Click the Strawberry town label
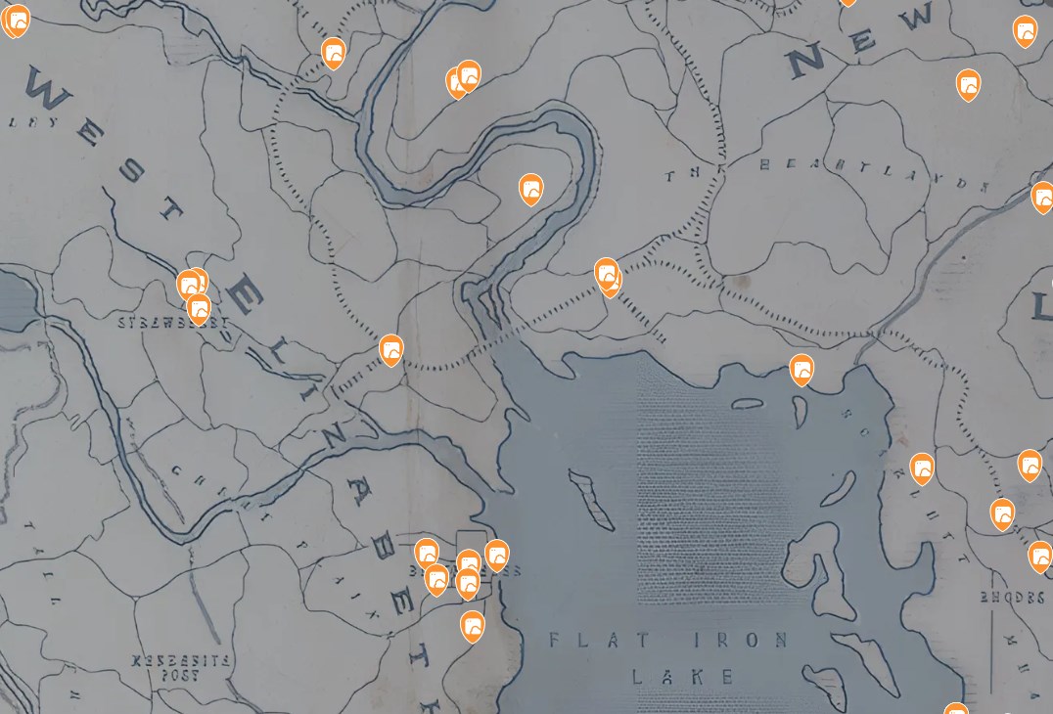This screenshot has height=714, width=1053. point(173,323)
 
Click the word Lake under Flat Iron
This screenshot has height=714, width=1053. point(682,676)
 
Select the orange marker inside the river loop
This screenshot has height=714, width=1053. point(530,188)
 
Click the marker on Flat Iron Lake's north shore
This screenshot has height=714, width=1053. point(801,370)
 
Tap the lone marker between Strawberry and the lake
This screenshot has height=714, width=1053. point(391,349)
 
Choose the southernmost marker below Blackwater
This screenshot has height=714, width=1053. point(473,625)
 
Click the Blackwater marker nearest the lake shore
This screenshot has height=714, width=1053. point(497,555)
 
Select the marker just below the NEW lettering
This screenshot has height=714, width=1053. point(968,84)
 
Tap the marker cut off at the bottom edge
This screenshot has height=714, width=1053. point(955,709)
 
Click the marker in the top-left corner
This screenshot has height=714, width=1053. point(17,20)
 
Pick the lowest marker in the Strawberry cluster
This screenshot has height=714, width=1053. point(199,309)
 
